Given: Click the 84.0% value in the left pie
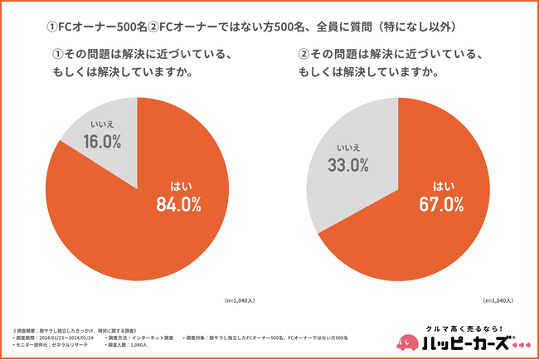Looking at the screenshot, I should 178,204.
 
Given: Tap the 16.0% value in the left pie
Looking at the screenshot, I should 102,142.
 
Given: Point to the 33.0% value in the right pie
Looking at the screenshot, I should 348,164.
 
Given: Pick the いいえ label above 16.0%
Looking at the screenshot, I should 102,124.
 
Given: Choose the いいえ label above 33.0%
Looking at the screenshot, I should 348,147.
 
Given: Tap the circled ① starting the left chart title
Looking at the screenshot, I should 57,55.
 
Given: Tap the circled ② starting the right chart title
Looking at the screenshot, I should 303,55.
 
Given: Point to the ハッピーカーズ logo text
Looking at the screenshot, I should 469,343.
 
